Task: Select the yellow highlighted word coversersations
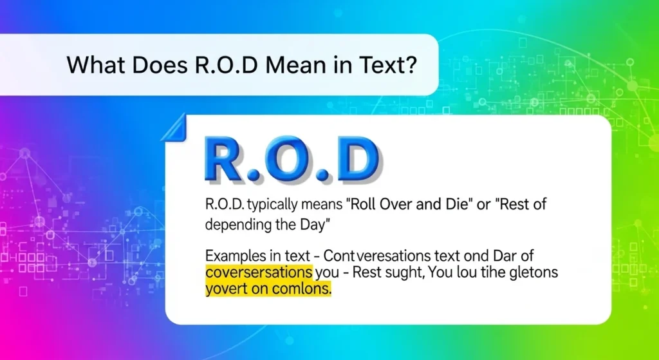[x=259, y=273]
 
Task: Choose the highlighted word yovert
[x=226, y=290]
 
